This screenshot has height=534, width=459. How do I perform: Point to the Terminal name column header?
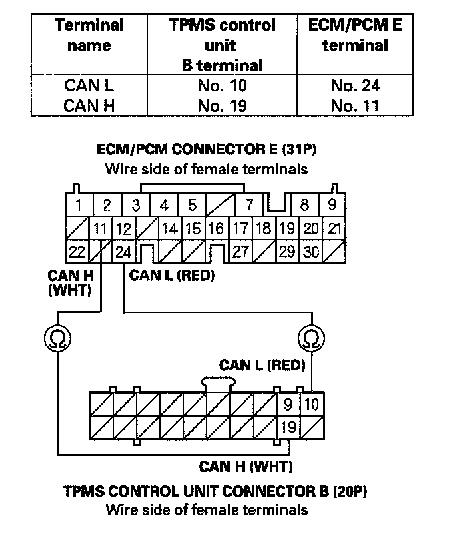[89, 36]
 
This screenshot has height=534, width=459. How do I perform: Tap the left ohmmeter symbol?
[57, 340]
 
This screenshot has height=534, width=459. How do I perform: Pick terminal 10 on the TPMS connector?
[311, 404]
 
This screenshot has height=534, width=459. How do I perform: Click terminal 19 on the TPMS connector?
[288, 425]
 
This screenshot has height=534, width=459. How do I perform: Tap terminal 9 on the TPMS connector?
[288, 404]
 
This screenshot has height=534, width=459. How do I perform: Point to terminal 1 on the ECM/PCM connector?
[79, 205]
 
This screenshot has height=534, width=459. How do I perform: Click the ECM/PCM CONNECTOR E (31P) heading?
[206, 150]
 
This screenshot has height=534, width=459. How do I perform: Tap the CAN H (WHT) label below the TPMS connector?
[246, 466]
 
